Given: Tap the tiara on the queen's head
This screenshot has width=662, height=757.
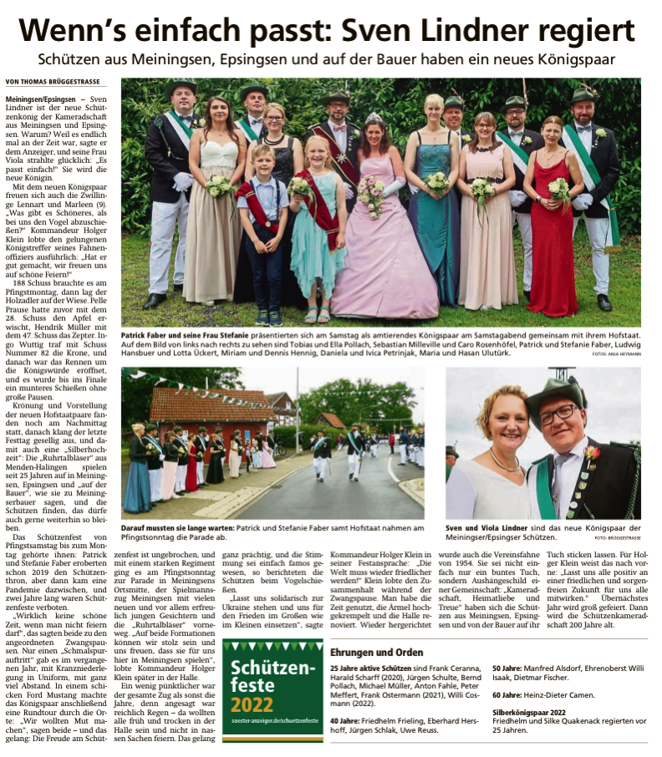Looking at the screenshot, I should (x=372, y=119).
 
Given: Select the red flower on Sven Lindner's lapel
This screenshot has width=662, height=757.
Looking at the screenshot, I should (x=592, y=453).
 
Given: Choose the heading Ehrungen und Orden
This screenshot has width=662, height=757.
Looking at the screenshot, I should (x=376, y=652).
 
